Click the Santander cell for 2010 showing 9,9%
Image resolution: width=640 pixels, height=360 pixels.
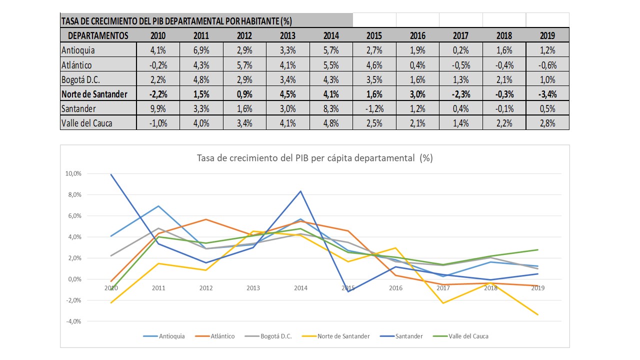tap(158, 108)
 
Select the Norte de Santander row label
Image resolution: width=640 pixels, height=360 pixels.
tap(94, 94)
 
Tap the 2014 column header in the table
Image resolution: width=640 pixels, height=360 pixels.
tap(331, 35)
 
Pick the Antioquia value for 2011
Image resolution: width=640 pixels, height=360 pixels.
tap(201, 50)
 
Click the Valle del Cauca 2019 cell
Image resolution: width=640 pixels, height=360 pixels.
tap(547, 123)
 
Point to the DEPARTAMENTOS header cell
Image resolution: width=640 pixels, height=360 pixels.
tap(98, 35)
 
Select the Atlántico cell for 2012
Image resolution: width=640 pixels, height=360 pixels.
tap(244, 65)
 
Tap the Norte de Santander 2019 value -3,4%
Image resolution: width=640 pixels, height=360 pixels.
tap(547, 94)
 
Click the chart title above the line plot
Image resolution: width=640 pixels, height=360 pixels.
tap(315, 158)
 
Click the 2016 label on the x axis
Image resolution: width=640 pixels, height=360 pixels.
tap(395, 288)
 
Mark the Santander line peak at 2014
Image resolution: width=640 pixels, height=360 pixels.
tap(300, 191)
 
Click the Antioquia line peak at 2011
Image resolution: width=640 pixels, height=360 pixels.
tap(158, 206)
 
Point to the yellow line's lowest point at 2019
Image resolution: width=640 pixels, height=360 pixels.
tap(537, 314)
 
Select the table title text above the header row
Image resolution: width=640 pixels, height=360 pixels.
tap(176, 21)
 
